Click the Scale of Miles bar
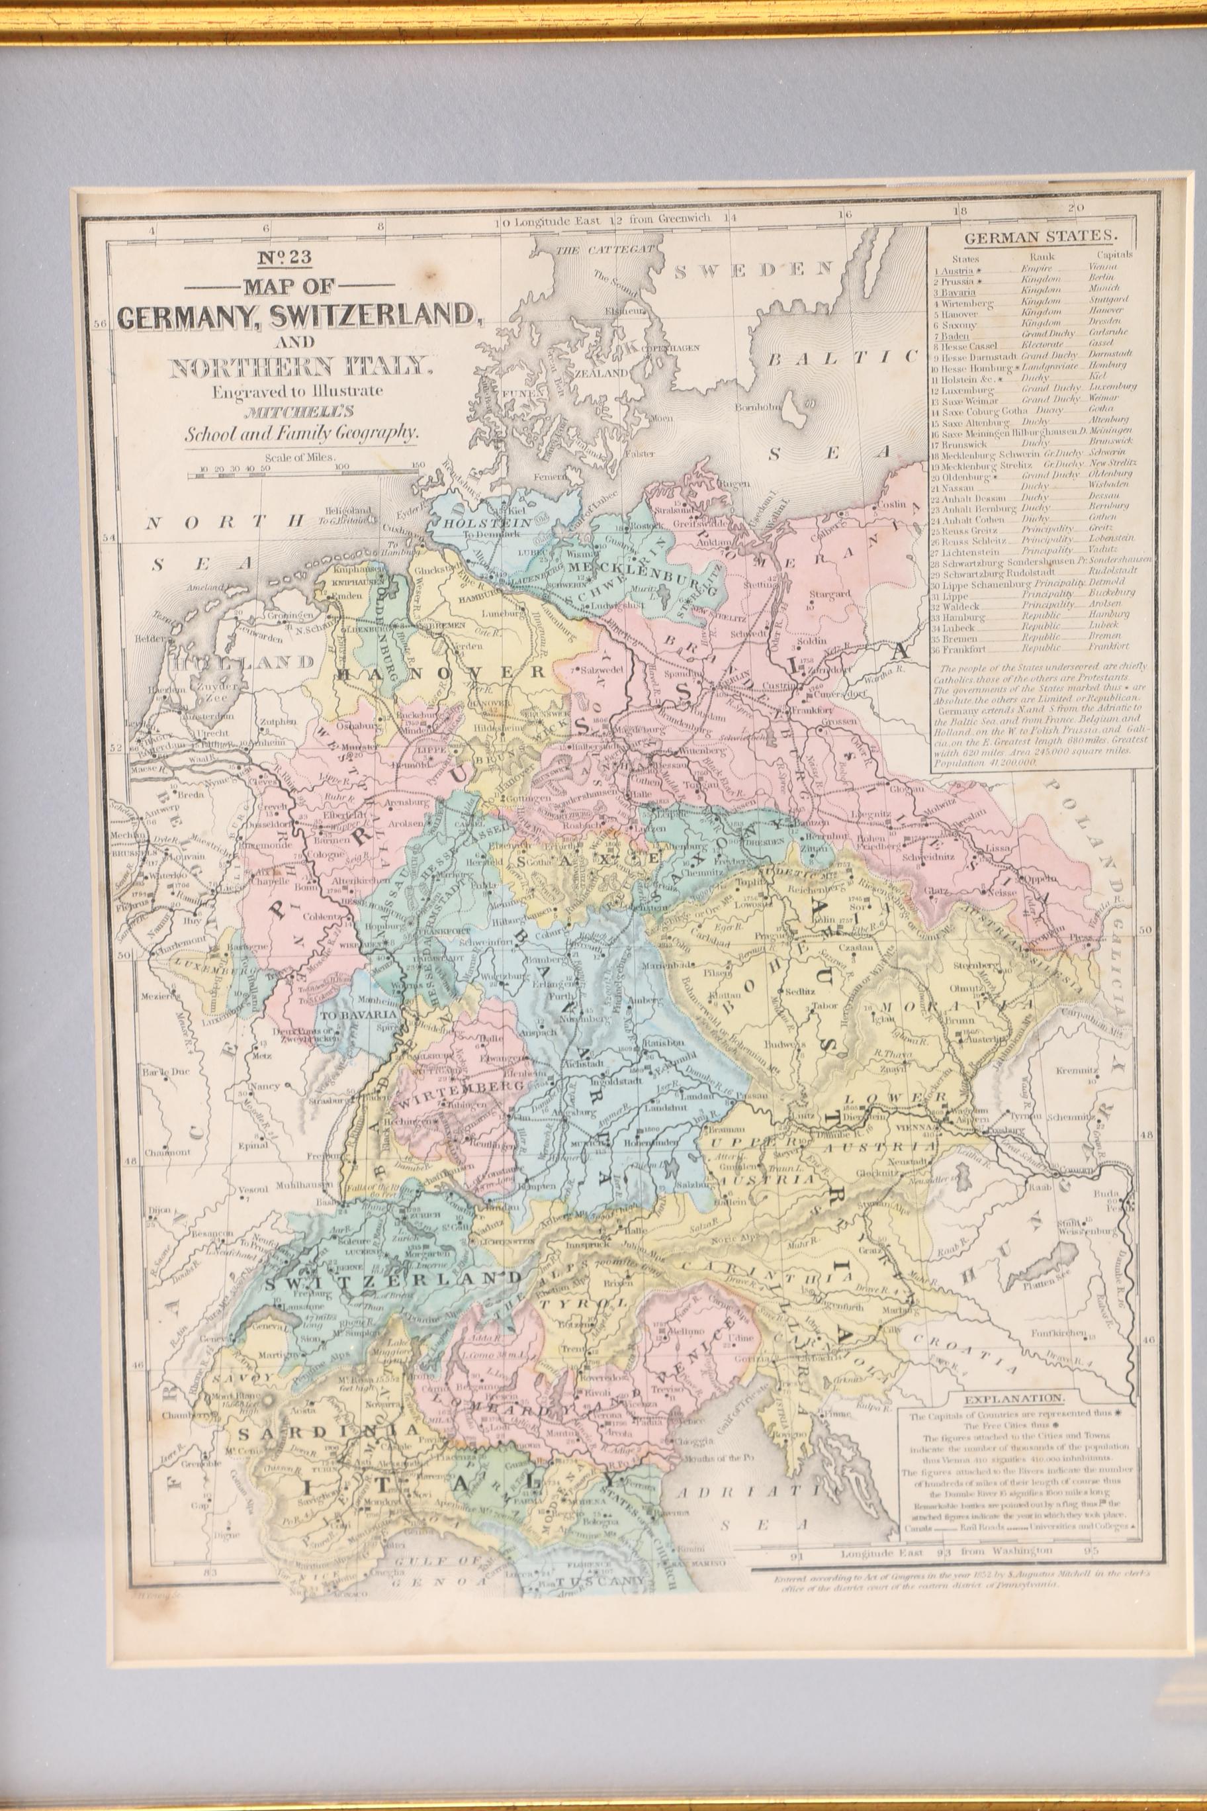(x=308, y=477)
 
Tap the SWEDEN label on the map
(x=754, y=269)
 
